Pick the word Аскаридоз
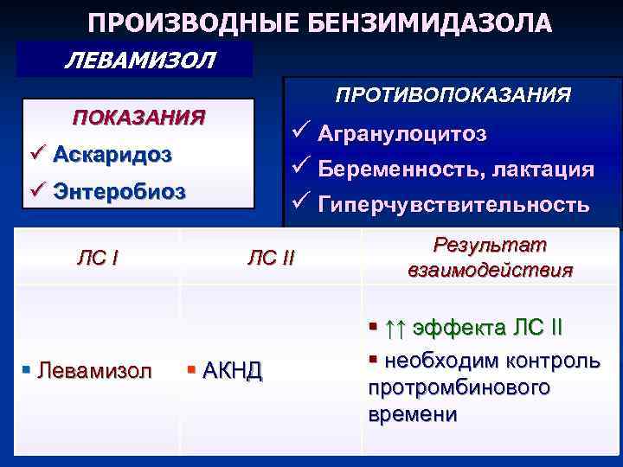click(x=112, y=155)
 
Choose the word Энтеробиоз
click(x=119, y=191)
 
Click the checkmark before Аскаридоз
click(x=35, y=155)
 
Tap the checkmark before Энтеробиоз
click(x=35, y=191)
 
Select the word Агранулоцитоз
click(x=402, y=134)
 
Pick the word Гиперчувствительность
click(x=453, y=205)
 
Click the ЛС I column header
click(x=98, y=257)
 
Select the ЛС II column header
click(x=271, y=257)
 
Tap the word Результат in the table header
click(x=490, y=246)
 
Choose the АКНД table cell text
click(x=231, y=371)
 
